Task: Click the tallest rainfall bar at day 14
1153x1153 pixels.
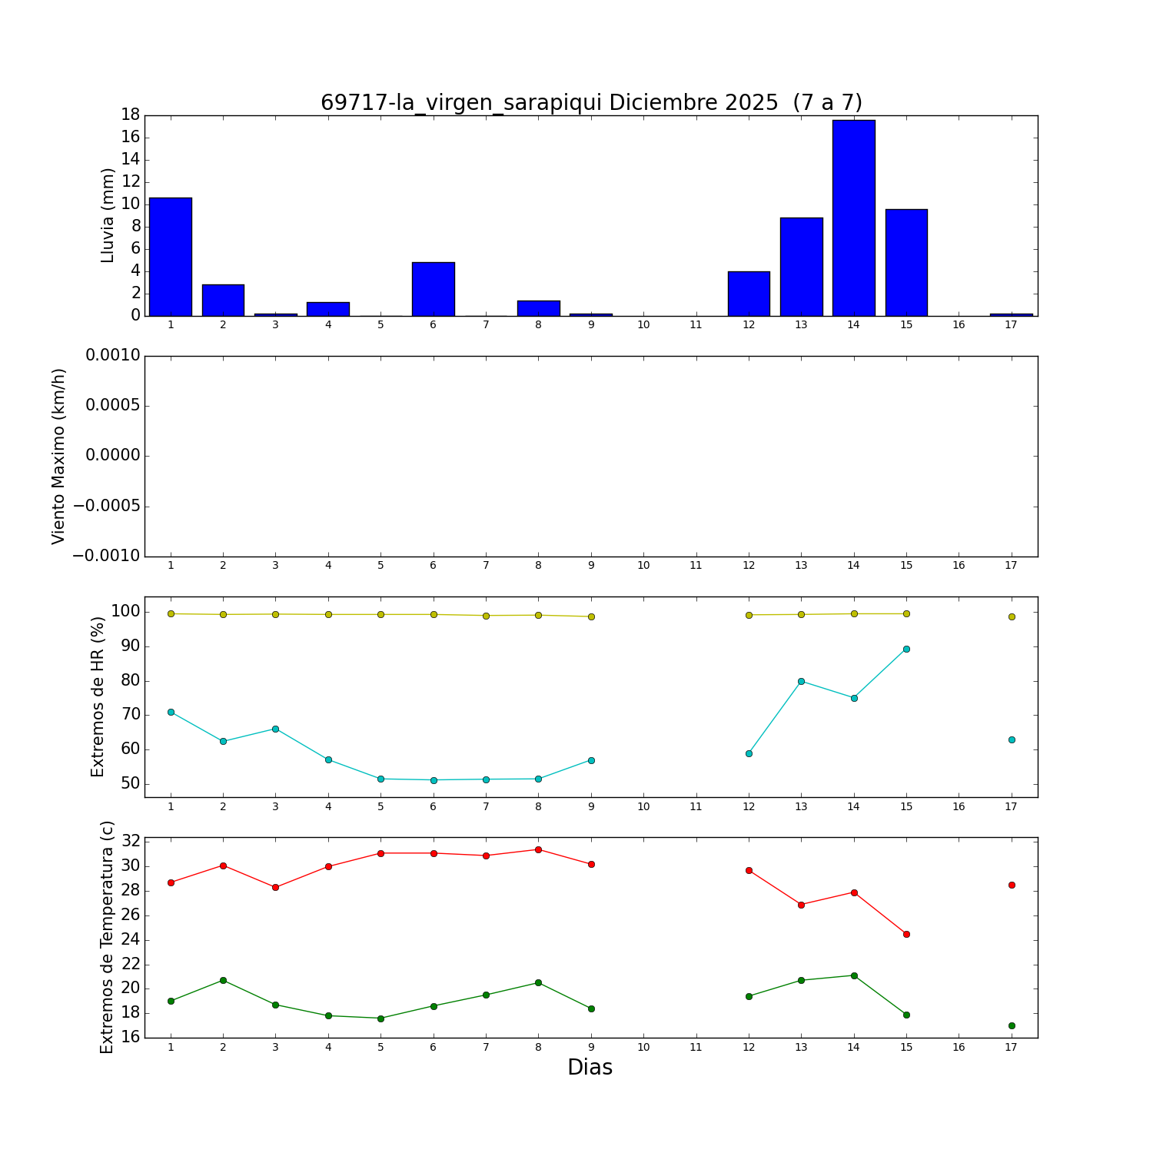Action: (853, 218)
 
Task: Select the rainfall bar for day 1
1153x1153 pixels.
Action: (171, 257)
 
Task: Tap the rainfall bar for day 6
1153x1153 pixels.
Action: (434, 289)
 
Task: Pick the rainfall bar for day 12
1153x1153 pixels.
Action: (749, 294)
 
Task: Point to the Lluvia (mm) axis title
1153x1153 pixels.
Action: (108, 215)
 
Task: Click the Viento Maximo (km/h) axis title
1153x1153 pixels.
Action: (59, 457)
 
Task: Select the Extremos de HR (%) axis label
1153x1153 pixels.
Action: (98, 696)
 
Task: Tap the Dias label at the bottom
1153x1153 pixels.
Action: (590, 1068)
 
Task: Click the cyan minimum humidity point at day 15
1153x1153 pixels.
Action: (906, 649)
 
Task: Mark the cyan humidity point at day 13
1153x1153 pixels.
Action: (801, 681)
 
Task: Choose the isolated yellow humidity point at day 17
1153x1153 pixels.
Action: (1012, 616)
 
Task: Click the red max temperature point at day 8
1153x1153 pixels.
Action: (538, 849)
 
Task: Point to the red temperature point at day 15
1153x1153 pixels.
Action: (906, 934)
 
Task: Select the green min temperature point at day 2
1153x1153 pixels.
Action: (223, 980)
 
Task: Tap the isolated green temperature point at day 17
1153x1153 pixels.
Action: (1012, 1025)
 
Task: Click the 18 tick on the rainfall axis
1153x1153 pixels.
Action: (130, 115)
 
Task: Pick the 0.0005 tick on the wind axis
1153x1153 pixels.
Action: (113, 406)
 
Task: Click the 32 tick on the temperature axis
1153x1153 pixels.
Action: (130, 842)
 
